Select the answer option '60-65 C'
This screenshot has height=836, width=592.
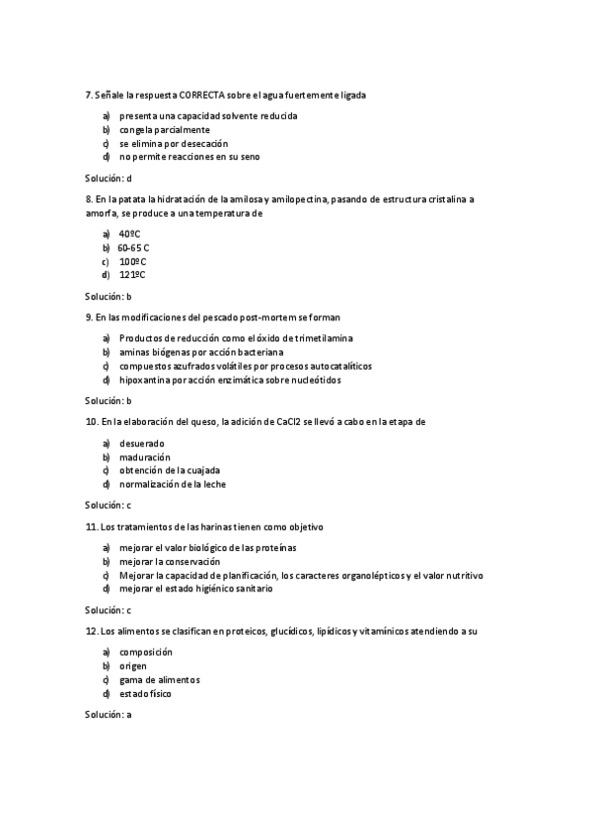(x=133, y=247)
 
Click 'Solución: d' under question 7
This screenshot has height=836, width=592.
(x=109, y=177)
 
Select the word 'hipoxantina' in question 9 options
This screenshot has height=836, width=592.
(x=143, y=380)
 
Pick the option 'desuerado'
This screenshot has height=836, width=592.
(x=141, y=443)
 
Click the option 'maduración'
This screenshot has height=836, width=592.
(x=144, y=456)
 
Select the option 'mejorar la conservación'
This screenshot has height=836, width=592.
(x=170, y=561)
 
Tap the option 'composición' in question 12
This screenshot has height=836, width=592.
(x=145, y=652)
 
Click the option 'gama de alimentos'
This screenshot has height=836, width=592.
(x=159, y=679)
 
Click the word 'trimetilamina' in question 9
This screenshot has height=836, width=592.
(x=325, y=338)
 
